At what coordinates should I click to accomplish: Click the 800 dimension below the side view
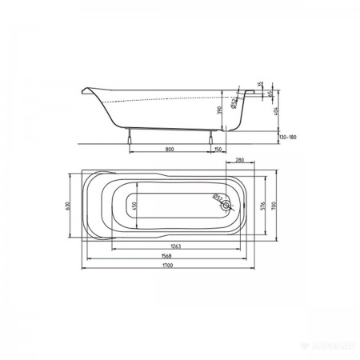[x=170, y=149]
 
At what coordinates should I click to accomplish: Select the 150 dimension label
[x=218, y=149]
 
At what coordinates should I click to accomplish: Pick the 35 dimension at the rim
[x=260, y=86]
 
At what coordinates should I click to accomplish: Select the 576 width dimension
[x=263, y=204]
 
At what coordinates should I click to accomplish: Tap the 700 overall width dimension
[x=274, y=204]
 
